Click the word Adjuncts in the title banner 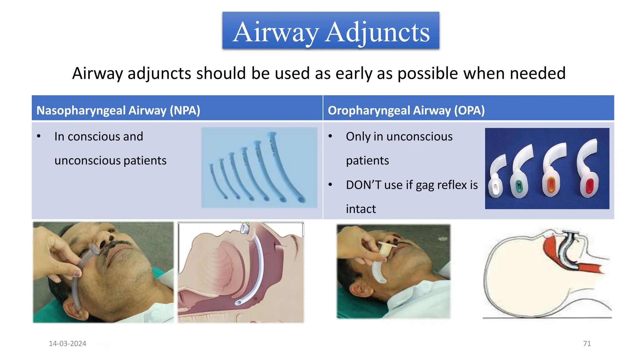377,32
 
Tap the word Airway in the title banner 276,32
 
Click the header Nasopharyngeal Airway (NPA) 118,110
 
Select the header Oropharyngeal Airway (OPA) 406,110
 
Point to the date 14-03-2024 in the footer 67,343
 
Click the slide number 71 587,343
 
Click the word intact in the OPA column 361,209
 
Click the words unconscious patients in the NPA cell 110,161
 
